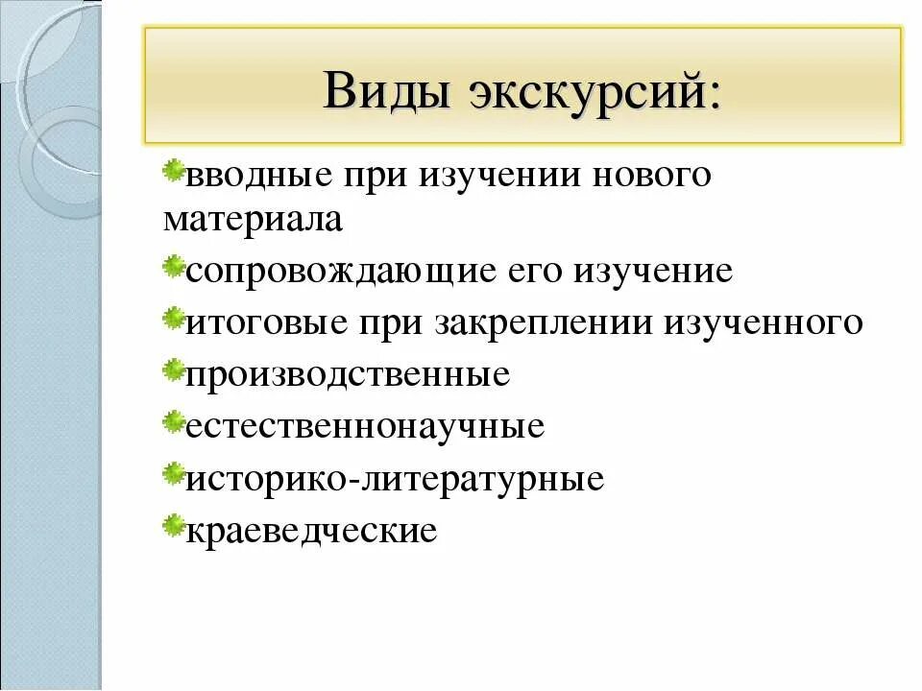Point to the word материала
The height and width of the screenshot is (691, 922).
(x=253, y=221)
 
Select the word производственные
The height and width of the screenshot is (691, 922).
(x=347, y=373)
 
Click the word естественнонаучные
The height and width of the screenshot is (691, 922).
(x=365, y=425)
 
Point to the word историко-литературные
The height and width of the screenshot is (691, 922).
(x=395, y=477)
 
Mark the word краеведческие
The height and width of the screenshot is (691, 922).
(x=311, y=529)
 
